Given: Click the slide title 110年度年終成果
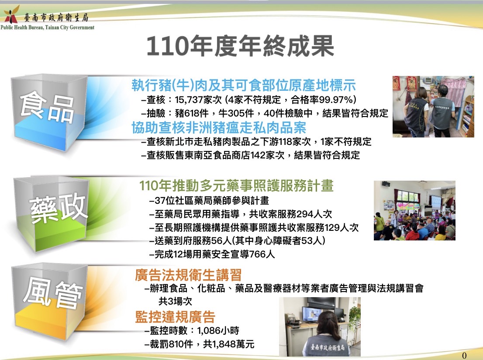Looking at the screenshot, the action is pyautogui.click(x=240, y=46).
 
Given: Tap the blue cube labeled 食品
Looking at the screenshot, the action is pyautogui.click(x=48, y=112).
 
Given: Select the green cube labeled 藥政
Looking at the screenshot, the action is pyautogui.click(x=51, y=214).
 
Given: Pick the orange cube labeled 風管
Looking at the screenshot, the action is pyautogui.click(x=49, y=302).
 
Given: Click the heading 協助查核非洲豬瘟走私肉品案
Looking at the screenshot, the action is pyautogui.click(x=219, y=127).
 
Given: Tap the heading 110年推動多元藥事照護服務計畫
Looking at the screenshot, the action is pyautogui.click(x=236, y=185).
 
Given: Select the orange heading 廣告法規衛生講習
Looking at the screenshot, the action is pyautogui.click(x=188, y=275).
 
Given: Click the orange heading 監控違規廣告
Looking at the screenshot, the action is pyautogui.click(x=175, y=317).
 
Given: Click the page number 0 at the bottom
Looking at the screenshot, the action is pyautogui.click(x=464, y=355).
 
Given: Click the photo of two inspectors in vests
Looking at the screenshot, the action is pyautogui.click(x=433, y=106).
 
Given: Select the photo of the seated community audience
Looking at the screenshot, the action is pyautogui.click(x=414, y=210).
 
